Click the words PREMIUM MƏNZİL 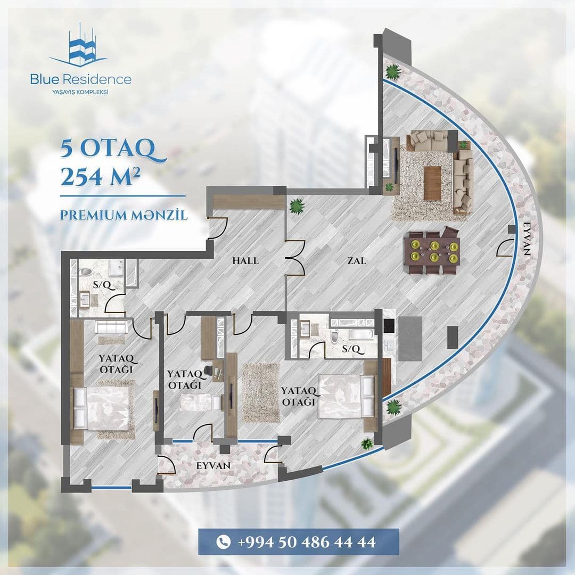pyautogui.click(x=124, y=216)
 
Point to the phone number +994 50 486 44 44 pyautogui.click(x=307, y=543)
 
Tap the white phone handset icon pyautogui.click(x=223, y=543)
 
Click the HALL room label pyautogui.click(x=245, y=261)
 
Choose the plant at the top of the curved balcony pyautogui.click(x=393, y=71)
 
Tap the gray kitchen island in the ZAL pyautogui.click(x=410, y=339)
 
